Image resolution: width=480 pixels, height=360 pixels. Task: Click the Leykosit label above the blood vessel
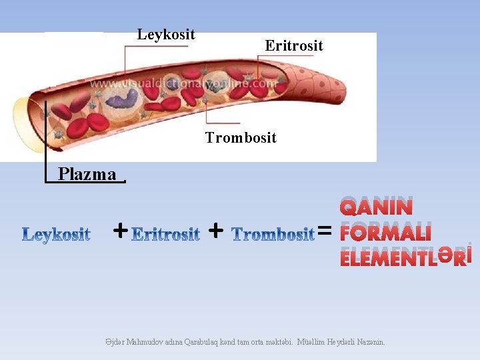(x=166, y=35)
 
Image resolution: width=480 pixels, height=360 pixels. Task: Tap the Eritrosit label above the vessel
(x=294, y=46)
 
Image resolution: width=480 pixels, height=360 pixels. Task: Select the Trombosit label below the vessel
(x=241, y=138)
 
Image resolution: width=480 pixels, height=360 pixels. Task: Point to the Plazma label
(x=87, y=175)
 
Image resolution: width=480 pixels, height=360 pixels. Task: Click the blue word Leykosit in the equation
(x=57, y=235)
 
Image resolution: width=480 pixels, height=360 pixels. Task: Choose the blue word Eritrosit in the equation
(x=166, y=234)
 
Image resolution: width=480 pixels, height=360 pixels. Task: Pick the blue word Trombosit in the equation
(x=273, y=234)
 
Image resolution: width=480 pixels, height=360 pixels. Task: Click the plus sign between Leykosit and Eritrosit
(x=120, y=231)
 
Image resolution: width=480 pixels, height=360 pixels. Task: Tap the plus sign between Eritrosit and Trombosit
(x=215, y=231)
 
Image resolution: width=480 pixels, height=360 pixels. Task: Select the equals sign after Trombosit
(x=325, y=231)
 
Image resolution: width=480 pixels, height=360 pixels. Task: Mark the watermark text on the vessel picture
(x=183, y=85)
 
